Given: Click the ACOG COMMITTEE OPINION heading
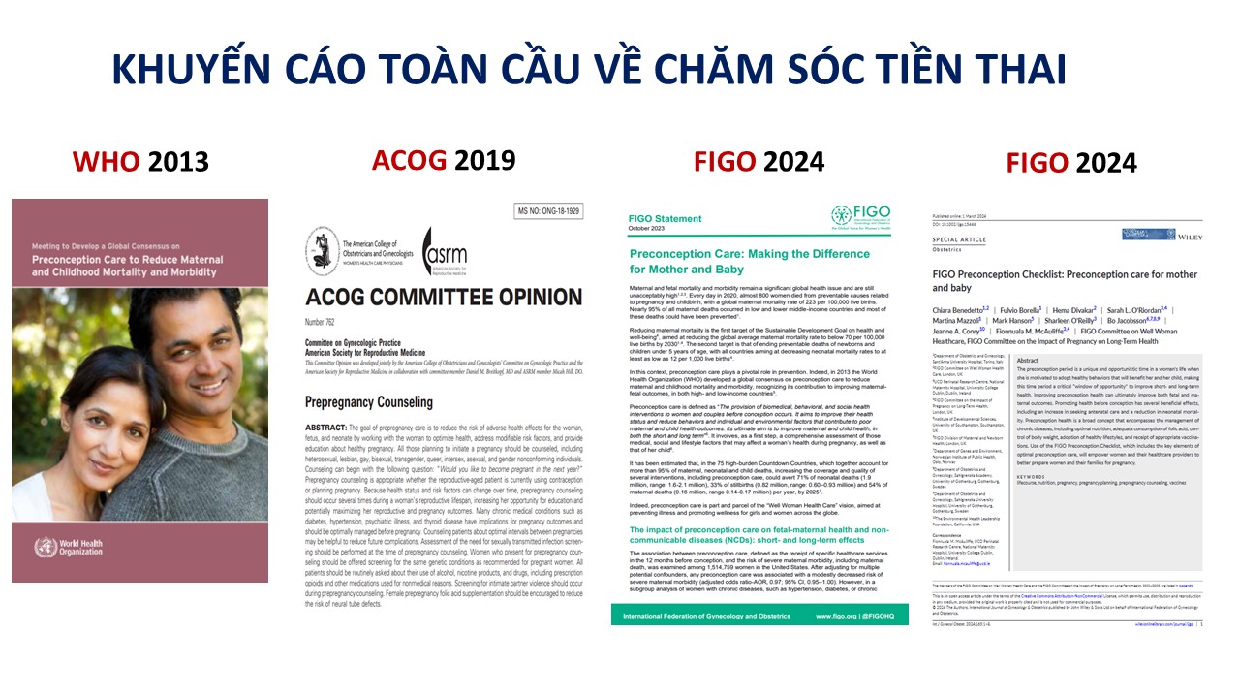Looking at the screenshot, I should pyautogui.click(x=444, y=297).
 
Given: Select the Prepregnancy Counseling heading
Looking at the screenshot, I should pyautogui.click(x=369, y=402).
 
